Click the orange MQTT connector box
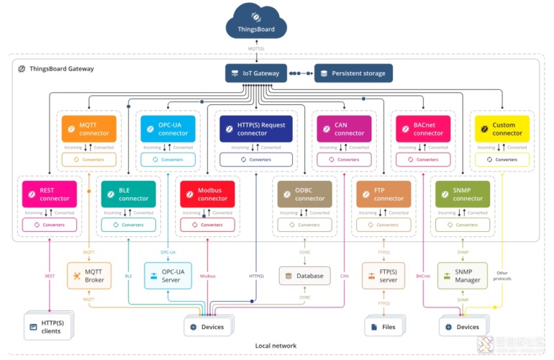[88, 129]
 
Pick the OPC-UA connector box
[168, 129]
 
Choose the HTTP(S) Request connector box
[256, 129]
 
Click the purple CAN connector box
[344, 129]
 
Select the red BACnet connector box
[423, 129]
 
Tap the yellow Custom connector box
[501, 129]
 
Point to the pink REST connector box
[49, 194]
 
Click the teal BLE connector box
[128, 194]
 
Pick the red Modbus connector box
[207, 194]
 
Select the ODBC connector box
[304, 194]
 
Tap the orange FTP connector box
[383, 194]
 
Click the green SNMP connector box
[463, 194]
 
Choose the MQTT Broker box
[88, 275]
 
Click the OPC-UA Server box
[168, 275]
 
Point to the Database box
[304, 276]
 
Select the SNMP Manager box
[463, 275]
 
